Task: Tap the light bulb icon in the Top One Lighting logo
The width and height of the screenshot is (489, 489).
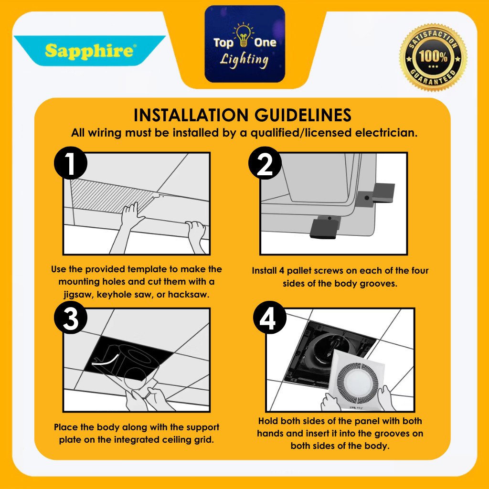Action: [x=244, y=35]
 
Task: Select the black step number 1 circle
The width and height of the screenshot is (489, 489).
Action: [x=71, y=163]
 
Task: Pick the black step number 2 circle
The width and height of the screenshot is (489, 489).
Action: [x=265, y=163]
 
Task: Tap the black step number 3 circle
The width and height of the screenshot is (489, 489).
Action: [x=71, y=318]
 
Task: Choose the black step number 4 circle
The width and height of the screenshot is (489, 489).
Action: [x=270, y=318]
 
